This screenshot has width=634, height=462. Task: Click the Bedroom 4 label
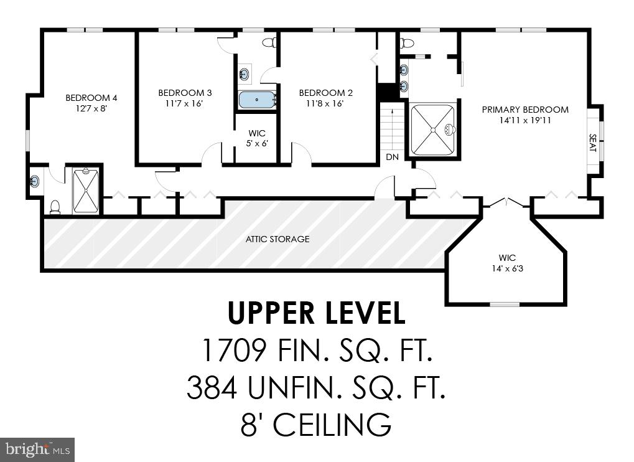click(x=91, y=98)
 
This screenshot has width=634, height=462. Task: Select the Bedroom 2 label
click(x=325, y=93)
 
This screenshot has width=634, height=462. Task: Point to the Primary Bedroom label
click(x=525, y=110)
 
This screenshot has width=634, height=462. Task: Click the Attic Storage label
click(x=277, y=239)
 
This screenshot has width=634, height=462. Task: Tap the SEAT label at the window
click(x=592, y=143)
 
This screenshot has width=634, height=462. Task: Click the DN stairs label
click(x=392, y=158)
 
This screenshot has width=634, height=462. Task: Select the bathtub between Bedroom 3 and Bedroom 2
click(x=256, y=100)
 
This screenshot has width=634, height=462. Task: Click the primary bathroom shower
click(x=432, y=130)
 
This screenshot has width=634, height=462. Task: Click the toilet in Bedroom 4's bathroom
click(x=55, y=206)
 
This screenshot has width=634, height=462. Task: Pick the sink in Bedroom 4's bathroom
click(x=35, y=181)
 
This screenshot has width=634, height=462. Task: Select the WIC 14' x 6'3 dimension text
click(x=507, y=268)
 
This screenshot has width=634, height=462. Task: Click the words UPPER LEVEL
click(x=316, y=313)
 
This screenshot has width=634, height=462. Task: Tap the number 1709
click(x=235, y=351)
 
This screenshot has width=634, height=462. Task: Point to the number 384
click(x=212, y=389)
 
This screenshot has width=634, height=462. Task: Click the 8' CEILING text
click(x=316, y=425)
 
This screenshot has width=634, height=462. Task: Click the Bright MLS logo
click(x=37, y=449)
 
